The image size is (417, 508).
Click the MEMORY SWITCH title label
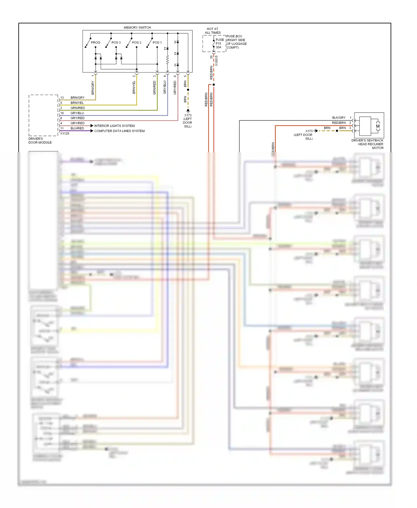[137, 28]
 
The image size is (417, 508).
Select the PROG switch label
[95, 43]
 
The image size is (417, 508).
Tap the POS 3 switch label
[116, 43]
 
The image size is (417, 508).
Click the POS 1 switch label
[157, 43]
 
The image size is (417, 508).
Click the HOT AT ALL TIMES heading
[213, 31]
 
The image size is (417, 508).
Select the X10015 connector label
[217, 61]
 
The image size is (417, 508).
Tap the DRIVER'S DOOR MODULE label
[40, 141]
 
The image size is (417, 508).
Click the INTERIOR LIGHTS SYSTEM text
[114, 126]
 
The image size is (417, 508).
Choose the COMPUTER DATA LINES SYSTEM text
[119, 131]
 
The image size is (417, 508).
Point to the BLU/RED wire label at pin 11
[77, 128]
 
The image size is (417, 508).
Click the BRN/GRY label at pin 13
[77, 98]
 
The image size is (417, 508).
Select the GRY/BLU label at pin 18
[77, 113]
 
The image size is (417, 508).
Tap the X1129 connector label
[64, 133]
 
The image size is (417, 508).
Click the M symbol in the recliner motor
[378, 126]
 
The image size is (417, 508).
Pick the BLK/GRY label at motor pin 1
[339, 118]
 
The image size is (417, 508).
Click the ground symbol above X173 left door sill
[188, 111]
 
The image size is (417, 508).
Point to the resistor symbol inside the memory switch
[167, 59]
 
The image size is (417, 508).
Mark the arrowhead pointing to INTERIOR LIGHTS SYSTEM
[92, 126]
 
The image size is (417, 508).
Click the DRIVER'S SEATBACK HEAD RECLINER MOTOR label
[367, 144]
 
